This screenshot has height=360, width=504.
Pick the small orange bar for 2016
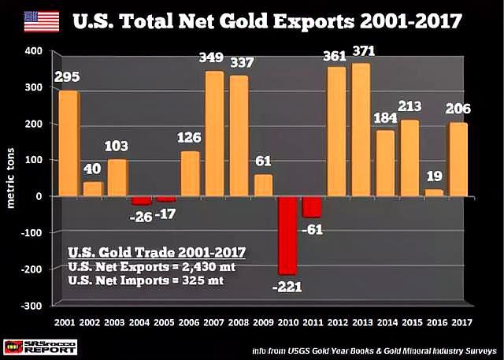430,193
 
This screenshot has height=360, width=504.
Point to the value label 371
364,51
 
